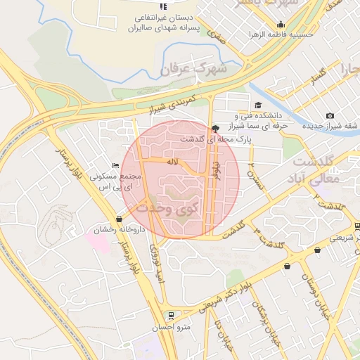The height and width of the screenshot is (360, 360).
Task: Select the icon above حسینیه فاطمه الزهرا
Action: point(281,25)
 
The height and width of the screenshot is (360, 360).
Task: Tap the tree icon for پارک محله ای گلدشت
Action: point(214,128)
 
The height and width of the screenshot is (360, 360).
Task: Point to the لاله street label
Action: point(171,162)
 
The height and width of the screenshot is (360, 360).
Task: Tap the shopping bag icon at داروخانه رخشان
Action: point(119,219)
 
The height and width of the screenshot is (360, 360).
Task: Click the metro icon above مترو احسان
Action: point(169,315)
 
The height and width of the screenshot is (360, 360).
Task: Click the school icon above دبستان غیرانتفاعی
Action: point(164,6)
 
